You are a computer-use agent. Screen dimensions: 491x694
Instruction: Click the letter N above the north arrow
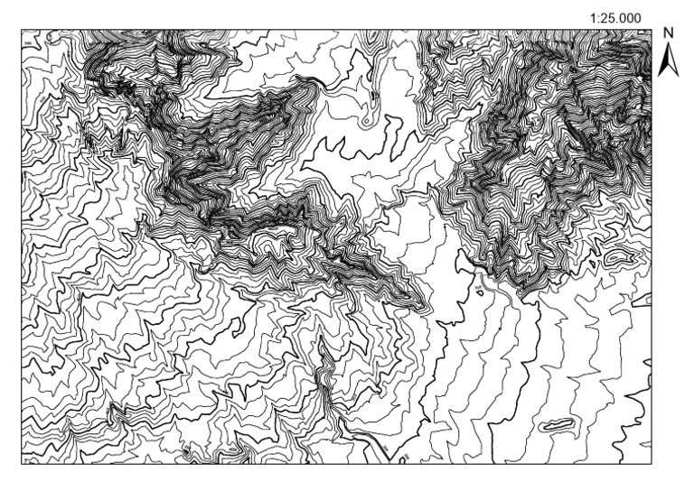[670, 32]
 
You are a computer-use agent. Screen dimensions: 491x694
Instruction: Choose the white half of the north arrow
[673, 61]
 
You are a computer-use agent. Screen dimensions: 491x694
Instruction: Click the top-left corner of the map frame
[23, 30]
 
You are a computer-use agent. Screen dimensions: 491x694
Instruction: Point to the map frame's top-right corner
[651, 30]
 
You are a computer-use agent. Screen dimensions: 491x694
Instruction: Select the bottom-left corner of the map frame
[23, 464]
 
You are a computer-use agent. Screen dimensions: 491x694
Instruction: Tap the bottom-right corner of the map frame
[651, 464]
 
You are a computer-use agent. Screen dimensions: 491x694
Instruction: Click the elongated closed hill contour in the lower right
[556, 424]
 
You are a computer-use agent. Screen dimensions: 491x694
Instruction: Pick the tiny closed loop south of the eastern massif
[476, 290]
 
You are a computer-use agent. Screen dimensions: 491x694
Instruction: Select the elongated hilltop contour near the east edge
[617, 257]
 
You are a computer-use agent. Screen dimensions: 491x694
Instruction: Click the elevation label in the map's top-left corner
[30, 41]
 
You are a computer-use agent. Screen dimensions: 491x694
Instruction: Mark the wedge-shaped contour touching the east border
[642, 298]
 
